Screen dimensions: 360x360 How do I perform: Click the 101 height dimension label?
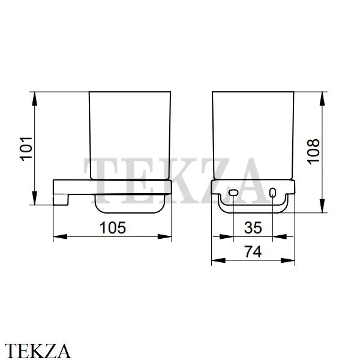[26, 149]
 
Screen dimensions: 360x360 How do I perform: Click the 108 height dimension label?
[313, 152]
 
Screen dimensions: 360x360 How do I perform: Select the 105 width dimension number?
[113, 228]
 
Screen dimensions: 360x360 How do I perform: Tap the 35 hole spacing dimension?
[253, 228]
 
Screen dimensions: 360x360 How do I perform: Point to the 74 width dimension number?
[253, 252]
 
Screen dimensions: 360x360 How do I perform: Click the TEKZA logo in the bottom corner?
[38, 351]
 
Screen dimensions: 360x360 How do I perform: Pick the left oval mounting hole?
[233, 193]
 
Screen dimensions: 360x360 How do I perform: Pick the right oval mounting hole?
[272, 193]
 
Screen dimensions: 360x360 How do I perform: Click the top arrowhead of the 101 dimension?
[34, 99]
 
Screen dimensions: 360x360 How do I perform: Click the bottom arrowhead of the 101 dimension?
[34, 198]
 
